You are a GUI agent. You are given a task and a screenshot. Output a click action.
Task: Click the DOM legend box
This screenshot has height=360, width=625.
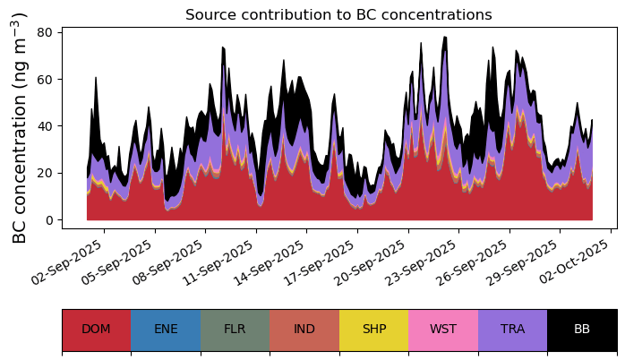click(97, 330)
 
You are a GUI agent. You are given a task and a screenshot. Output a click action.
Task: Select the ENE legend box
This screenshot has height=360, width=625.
click(166, 330)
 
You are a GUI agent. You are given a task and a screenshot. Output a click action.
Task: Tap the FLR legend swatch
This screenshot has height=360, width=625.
click(235, 330)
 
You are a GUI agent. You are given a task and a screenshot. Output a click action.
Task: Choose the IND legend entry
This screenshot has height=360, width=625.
click(304, 330)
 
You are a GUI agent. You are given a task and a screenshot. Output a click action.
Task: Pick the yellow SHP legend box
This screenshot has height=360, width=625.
click(374, 330)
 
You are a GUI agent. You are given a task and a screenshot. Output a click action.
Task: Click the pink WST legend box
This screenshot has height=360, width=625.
click(443, 330)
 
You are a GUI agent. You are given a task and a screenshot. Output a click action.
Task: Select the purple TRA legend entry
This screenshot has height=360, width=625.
click(512, 330)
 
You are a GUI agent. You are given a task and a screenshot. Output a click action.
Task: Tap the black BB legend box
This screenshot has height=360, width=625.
click(582, 330)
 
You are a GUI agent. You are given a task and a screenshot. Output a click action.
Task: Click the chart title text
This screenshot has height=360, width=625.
click(338, 14)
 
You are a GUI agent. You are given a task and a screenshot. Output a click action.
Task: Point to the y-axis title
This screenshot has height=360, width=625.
click(19, 128)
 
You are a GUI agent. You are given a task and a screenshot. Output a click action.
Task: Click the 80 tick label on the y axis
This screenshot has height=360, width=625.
click(45, 32)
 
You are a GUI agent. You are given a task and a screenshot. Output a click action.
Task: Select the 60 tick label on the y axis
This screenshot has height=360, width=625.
click(45, 80)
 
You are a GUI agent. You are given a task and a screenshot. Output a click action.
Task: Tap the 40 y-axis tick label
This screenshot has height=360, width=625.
click(45, 126)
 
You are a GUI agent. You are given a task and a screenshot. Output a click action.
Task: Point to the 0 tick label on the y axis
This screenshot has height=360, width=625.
click(49, 220)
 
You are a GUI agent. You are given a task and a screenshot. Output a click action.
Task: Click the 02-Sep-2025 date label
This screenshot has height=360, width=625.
click(67, 261)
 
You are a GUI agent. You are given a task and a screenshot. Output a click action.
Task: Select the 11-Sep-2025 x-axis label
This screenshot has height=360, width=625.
click(218, 261)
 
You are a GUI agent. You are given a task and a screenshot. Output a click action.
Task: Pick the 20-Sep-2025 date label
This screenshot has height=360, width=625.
click(370, 261)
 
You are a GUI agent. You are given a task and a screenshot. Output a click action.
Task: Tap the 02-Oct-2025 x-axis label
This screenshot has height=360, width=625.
click(574, 261)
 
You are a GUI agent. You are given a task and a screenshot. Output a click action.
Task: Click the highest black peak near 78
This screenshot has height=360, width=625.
click(445, 37)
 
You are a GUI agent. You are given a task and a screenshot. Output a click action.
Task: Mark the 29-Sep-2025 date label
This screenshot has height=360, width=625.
click(521, 261)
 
